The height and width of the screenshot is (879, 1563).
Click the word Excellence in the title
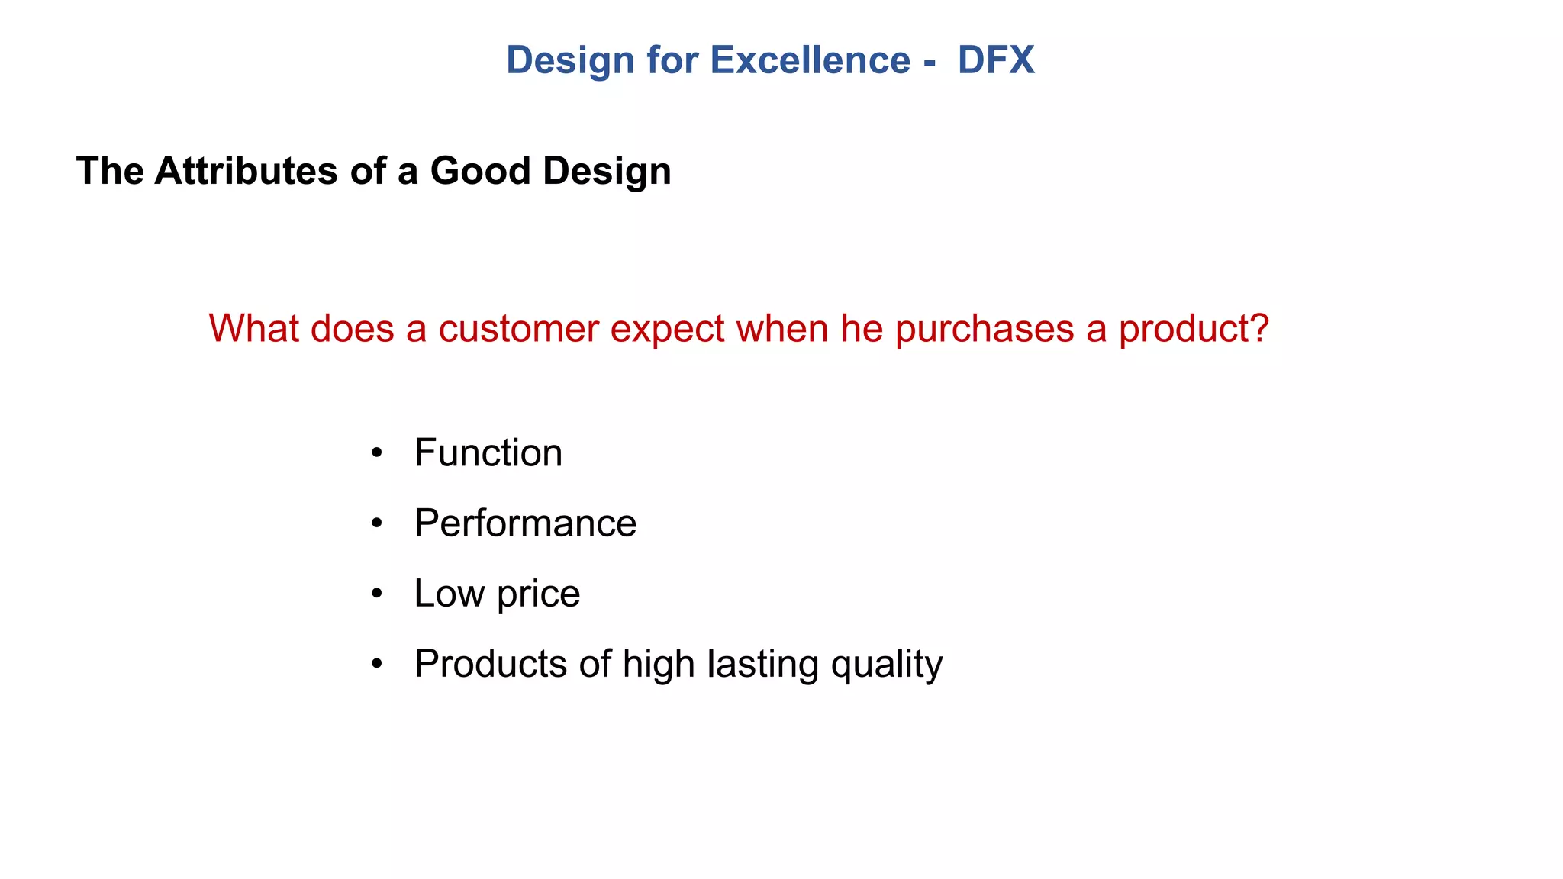click(x=810, y=60)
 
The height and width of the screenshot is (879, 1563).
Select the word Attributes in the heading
click(x=247, y=171)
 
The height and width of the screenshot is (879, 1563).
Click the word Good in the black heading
click(x=480, y=171)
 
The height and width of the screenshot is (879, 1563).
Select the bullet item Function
click(x=488, y=453)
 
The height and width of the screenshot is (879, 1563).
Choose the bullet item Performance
click(x=525, y=523)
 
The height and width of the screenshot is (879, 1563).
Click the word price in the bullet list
click(x=538, y=594)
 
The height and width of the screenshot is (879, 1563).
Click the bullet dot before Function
click(x=376, y=454)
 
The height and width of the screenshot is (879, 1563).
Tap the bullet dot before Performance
click(x=376, y=524)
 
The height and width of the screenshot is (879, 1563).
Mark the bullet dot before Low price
click(x=376, y=594)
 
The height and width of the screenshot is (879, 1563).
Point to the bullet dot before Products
click(x=376, y=665)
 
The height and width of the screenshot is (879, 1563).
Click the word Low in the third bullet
click(x=449, y=594)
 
